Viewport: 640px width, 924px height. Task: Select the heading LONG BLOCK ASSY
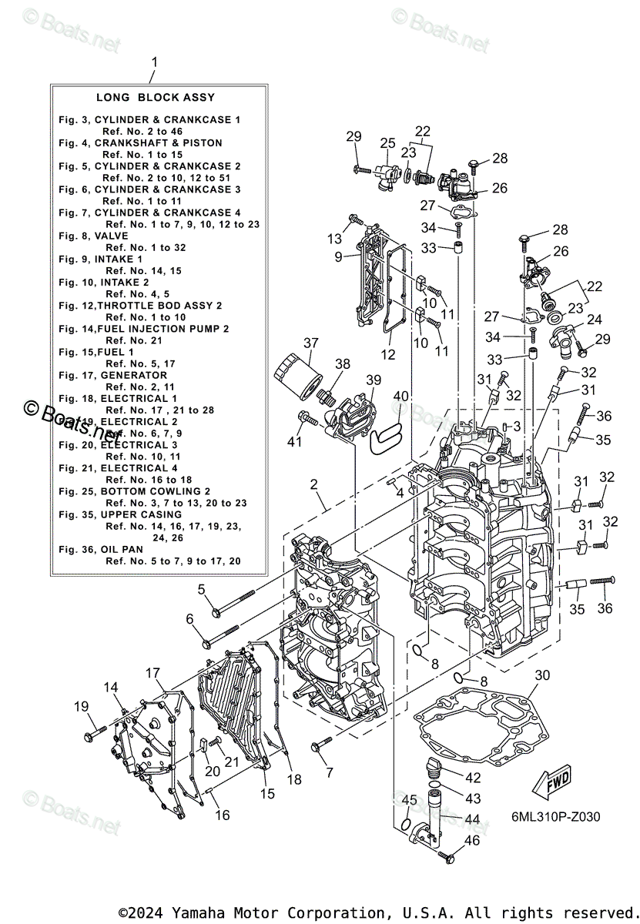[x=156, y=98]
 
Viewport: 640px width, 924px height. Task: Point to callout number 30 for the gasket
[x=542, y=675]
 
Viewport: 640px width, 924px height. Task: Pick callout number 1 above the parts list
[x=154, y=62]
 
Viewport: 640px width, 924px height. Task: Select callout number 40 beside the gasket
[x=400, y=396]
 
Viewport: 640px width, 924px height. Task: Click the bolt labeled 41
[x=306, y=419]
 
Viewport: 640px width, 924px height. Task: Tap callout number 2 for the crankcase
[x=314, y=484]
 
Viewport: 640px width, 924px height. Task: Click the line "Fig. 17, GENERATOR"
[x=102, y=375]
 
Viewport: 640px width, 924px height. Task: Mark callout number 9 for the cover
[x=338, y=257]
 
